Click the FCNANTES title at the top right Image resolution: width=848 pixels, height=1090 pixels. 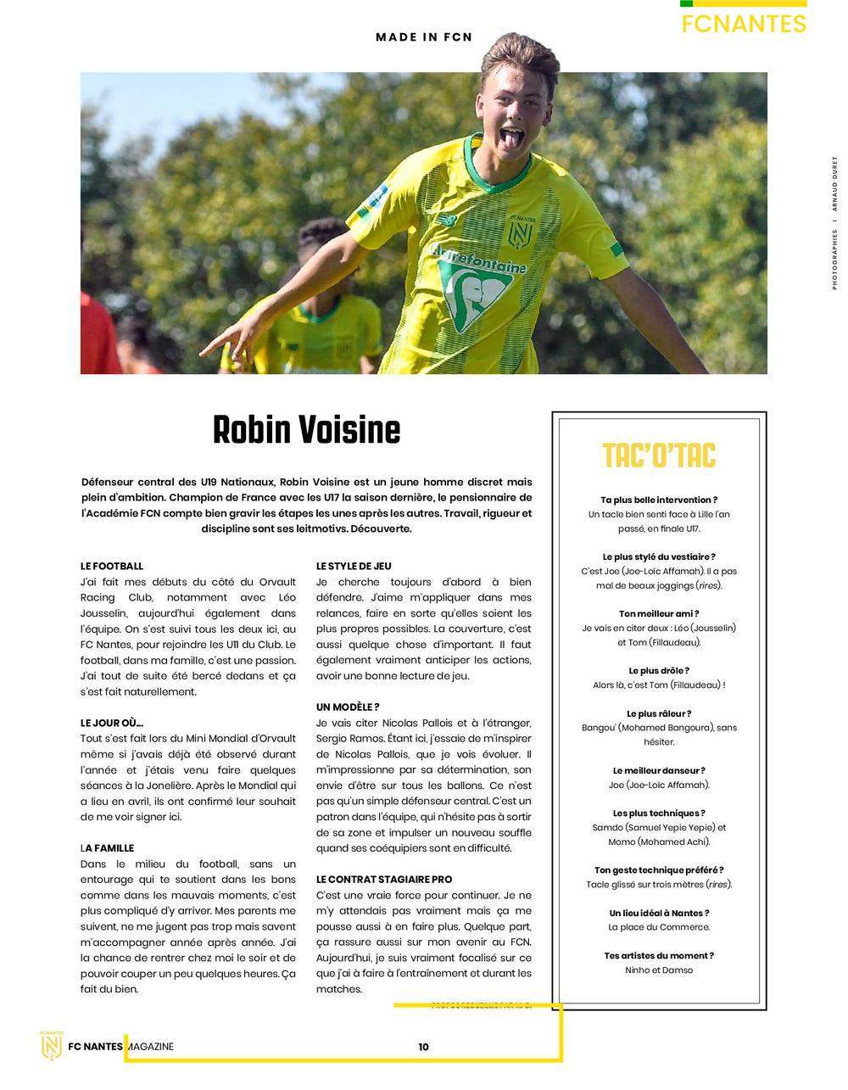pos(744,24)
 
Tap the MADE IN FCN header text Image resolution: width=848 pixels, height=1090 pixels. pos(424,37)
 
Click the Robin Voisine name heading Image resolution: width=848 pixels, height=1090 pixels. pos(306,430)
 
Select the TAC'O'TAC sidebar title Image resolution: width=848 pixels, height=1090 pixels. pos(659,456)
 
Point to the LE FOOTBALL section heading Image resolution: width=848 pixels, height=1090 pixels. pos(112,566)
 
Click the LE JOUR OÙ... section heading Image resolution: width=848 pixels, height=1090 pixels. pos(112,723)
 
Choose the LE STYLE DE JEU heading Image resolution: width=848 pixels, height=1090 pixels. pos(354,566)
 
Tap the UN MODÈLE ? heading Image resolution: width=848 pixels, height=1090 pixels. pos(348,707)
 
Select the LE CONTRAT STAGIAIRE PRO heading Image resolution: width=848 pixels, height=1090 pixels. pos(384,880)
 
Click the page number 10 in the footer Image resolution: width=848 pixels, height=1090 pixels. pos(423,1047)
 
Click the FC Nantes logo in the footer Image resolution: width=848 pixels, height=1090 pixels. pos(53,1045)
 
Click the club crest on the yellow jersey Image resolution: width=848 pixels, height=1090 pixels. pos(519,232)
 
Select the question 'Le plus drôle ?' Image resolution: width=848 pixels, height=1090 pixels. pos(659,670)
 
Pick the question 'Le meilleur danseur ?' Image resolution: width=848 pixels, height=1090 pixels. pos(659,770)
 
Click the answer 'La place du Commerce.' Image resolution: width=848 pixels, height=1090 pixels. pos(659,927)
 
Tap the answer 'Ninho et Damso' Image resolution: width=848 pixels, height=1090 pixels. pos(659,970)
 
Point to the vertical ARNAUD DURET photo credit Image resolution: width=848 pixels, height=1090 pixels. pos(834,188)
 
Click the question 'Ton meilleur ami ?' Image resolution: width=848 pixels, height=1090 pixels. pos(659,613)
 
